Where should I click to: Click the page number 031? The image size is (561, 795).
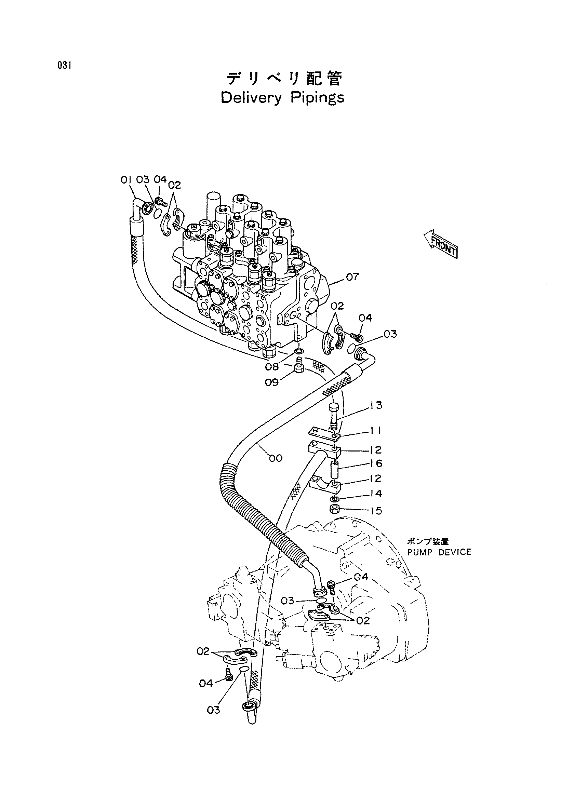click(x=64, y=65)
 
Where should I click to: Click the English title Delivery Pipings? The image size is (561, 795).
click(x=283, y=98)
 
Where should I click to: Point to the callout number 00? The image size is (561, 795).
click(x=276, y=458)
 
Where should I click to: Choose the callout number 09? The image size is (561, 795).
click(x=272, y=382)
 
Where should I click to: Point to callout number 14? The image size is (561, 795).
click(x=375, y=494)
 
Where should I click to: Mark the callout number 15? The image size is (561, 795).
click(x=375, y=511)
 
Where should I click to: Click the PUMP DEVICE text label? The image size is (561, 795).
click(x=439, y=552)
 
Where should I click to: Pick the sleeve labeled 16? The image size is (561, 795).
click(x=335, y=468)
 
